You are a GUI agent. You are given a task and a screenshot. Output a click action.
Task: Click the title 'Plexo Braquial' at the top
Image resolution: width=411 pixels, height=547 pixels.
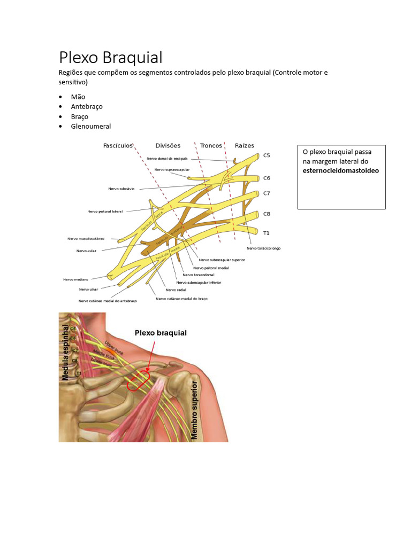(111, 57)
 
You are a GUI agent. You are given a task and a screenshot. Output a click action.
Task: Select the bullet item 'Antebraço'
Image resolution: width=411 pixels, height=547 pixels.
(87, 106)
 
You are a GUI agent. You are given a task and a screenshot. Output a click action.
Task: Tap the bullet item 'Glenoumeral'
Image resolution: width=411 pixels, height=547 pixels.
(91, 126)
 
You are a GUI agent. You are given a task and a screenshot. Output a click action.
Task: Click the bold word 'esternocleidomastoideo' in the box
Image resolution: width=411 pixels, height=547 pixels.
(340, 170)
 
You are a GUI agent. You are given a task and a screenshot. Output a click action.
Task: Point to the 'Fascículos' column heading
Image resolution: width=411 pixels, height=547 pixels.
(118, 145)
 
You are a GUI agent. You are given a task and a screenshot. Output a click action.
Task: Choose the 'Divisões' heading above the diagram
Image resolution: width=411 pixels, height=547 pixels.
(168, 145)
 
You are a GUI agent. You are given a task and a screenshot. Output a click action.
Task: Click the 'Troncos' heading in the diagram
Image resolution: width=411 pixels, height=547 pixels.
(211, 145)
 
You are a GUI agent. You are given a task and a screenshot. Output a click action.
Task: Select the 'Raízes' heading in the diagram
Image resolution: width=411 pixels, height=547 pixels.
(245, 145)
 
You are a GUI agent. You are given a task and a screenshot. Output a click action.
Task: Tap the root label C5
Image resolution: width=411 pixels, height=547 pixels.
(267, 155)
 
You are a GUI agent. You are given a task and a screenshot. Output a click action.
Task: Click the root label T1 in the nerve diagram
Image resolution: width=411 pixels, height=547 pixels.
(267, 233)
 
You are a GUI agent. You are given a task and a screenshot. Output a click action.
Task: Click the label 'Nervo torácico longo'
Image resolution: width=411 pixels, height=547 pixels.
(263, 248)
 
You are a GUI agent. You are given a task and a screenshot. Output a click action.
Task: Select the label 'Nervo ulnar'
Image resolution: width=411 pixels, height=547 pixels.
(88, 289)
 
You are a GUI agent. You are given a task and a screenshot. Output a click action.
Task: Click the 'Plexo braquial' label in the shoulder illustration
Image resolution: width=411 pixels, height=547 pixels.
(161, 333)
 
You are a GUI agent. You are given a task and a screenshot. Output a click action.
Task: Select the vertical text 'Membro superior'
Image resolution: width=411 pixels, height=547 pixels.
(194, 410)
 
